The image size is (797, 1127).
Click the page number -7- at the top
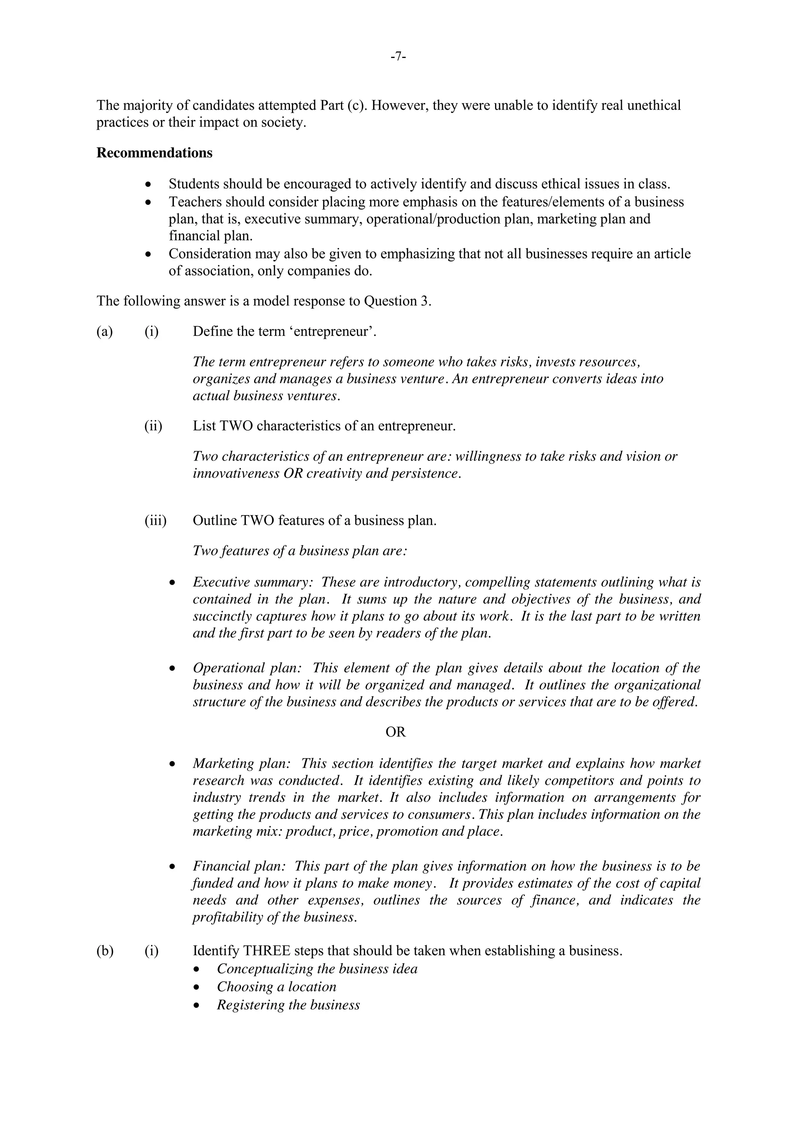(398, 58)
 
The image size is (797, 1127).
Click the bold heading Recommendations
(154, 153)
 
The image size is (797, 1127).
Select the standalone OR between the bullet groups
(395, 732)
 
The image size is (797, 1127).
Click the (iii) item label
(155, 520)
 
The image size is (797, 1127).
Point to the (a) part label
(105, 331)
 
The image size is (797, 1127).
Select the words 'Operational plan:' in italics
(247, 668)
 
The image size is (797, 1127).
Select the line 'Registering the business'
(288, 1005)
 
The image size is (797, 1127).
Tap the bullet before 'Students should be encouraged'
(148, 185)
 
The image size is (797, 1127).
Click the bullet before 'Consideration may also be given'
(148, 254)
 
